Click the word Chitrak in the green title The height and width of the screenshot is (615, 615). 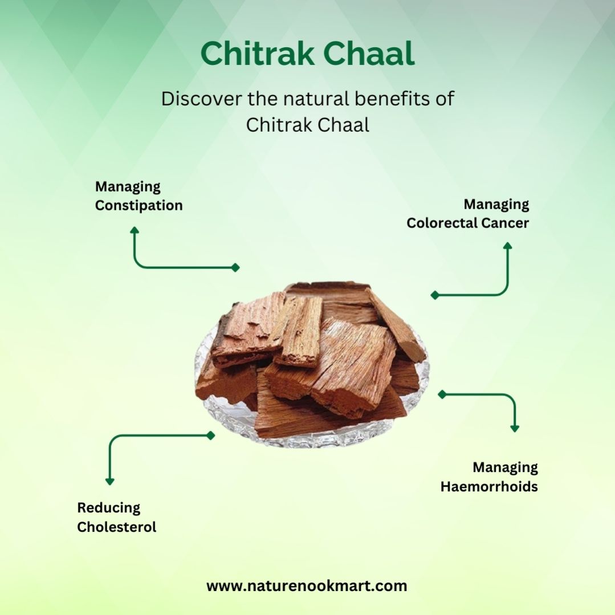[257, 54]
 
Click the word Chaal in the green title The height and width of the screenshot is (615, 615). [369, 54]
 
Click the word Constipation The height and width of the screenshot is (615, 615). [139, 206]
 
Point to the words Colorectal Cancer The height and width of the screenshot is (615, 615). [467, 223]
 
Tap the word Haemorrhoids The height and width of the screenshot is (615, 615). [489, 487]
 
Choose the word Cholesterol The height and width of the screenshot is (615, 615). [116, 527]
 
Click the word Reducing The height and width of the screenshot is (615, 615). [109, 508]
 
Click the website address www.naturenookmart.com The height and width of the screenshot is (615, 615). [307, 586]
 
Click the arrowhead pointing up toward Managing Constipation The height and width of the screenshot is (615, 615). [135, 230]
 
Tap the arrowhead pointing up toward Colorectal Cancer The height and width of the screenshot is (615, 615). [507, 246]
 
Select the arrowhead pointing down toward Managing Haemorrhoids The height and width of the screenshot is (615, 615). [515, 428]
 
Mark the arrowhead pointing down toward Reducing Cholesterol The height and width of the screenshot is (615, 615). [110, 481]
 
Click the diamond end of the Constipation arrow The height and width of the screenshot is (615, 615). [235, 267]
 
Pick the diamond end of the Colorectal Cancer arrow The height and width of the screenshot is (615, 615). [435, 295]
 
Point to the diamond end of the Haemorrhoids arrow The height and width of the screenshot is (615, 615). [442, 394]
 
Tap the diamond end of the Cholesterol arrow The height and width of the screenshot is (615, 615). [211, 435]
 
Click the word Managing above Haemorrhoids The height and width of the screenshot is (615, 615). [505, 468]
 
